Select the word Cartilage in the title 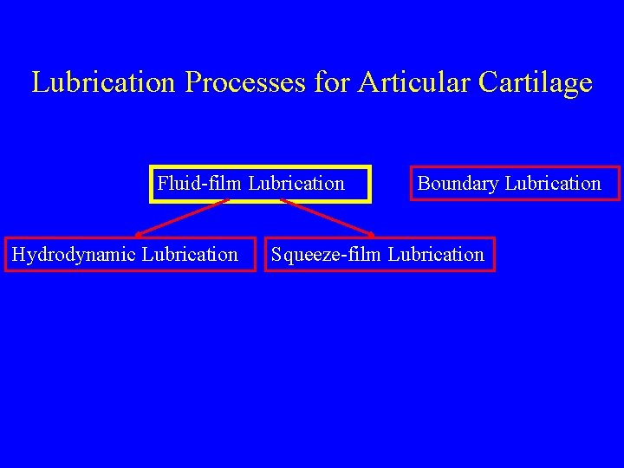pyautogui.click(x=535, y=83)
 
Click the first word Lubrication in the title pyautogui.click(x=102, y=83)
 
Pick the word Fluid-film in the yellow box pyautogui.click(x=200, y=184)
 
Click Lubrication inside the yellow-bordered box pyautogui.click(x=296, y=184)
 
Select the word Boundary pyautogui.click(x=458, y=184)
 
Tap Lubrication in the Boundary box pyautogui.click(x=553, y=184)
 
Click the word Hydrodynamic pyautogui.click(x=74, y=255)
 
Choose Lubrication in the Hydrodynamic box pyautogui.click(x=190, y=255)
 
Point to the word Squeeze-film pyautogui.click(x=327, y=255)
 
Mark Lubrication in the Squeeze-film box pyautogui.click(x=436, y=255)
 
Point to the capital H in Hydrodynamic pyautogui.click(x=17, y=255)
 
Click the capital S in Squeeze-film pyautogui.click(x=276, y=255)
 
